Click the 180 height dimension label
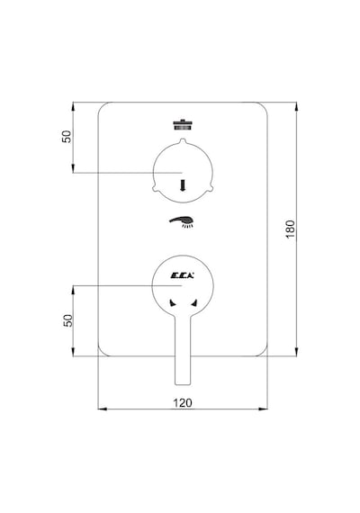pyautogui.click(x=291, y=229)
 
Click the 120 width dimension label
pyautogui.click(x=183, y=402)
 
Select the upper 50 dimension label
pyautogui.click(x=67, y=137)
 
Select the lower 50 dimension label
pyautogui.click(x=67, y=320)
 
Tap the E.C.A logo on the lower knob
pyautogui.click(x=183, y=275)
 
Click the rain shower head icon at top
pyautogui.click(x=183, y=125)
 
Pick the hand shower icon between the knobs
pyautogui.click(x=182, y=221)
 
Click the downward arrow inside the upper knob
pyautogui.click(x=183, y=184)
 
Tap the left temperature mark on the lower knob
pyautogui.click(x=173, y=303)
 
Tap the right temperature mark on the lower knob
pyautogui.click(x=194, y=303)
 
